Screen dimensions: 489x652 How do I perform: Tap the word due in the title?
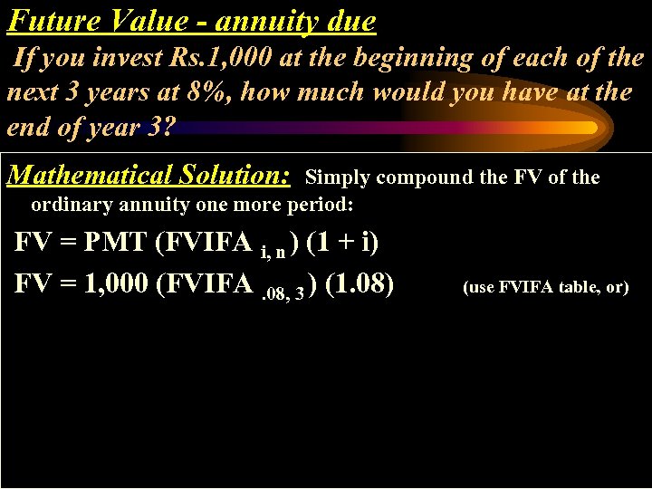point(349,20)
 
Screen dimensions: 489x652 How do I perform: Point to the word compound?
point(426,177)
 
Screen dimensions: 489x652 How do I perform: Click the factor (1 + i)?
point(343,244)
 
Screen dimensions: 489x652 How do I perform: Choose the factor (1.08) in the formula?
point(359,284)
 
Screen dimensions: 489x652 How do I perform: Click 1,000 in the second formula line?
point(117,284)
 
